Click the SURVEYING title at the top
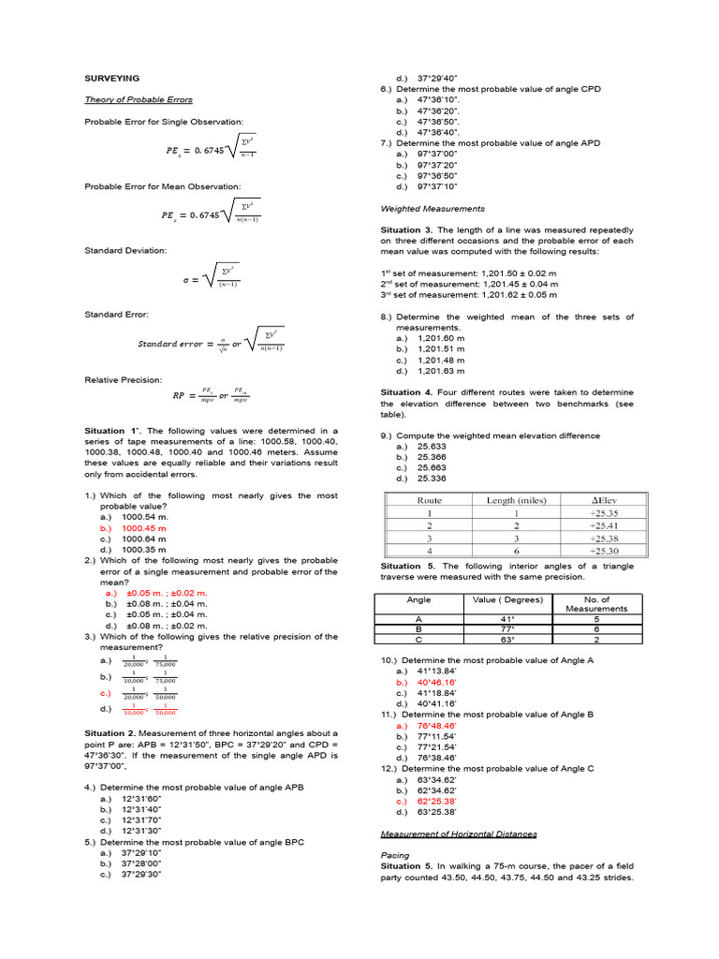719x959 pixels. (112, 78)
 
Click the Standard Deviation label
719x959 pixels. (125, 251)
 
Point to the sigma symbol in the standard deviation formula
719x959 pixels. (185, 279)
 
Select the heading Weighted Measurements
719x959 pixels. (433, 208)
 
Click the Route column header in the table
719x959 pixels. (429, 500)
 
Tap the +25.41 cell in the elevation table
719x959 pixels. (603, 525)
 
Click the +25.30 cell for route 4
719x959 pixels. (603, 552)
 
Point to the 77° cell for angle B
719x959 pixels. (508, 629)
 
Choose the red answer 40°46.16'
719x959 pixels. (437, 683)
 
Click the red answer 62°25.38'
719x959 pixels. (437, 801)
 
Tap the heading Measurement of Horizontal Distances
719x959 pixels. (458, 834)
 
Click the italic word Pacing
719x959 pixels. (395, 855)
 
